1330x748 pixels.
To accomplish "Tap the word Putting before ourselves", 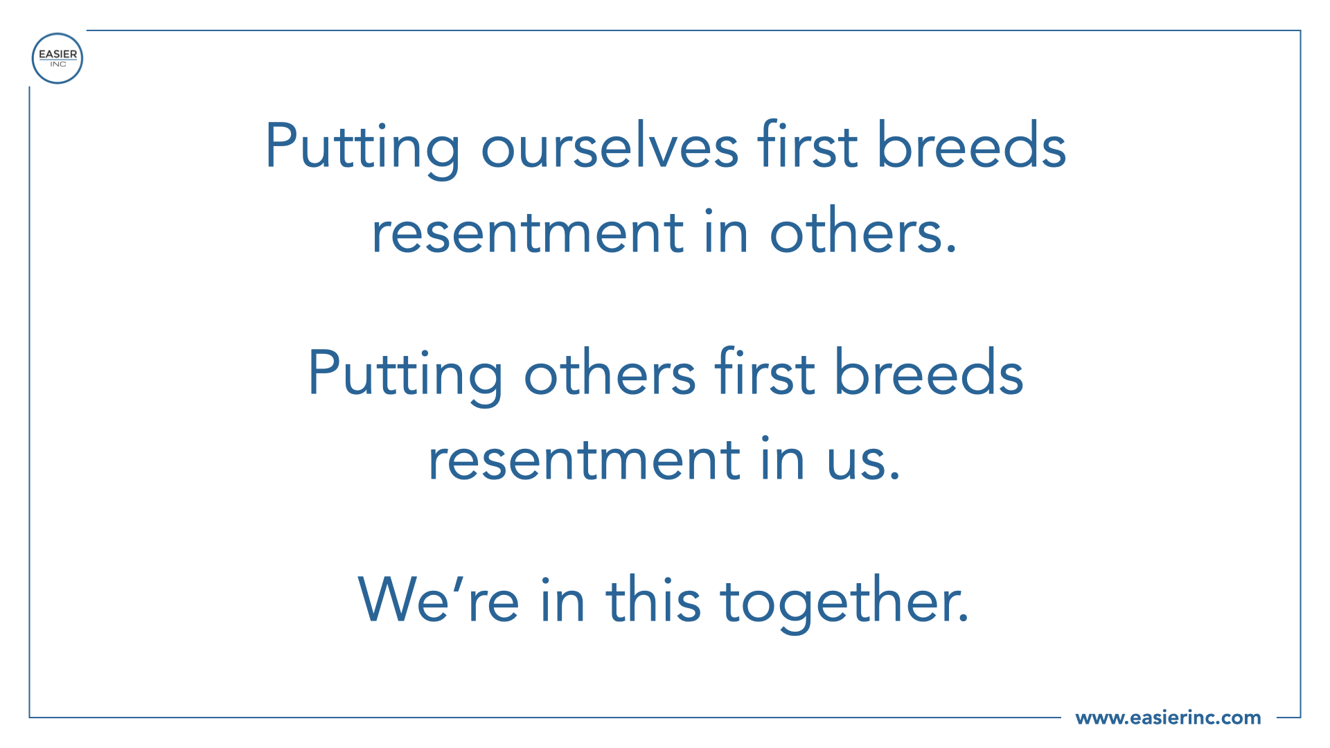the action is [x=362, y=149].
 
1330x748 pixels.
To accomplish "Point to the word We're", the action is [x=438, y=598].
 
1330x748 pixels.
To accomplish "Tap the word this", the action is [x=654, y=598].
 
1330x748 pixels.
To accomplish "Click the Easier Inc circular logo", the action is [x=57, y=58].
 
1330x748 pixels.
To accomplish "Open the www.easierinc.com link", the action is [x=1168, y=718].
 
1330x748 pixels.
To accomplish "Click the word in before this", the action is [x=563, y=600].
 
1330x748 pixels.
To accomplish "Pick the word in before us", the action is [x=783, y=458].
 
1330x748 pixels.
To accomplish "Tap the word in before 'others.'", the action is [x=727, y=231].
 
